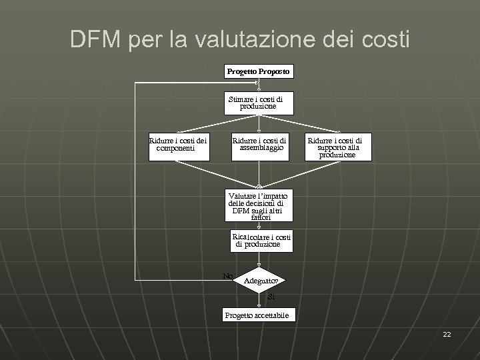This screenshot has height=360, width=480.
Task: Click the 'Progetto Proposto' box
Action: (258, 71)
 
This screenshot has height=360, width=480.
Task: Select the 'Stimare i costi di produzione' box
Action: (258, 103)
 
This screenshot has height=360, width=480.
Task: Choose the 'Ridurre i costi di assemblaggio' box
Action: (259, 145)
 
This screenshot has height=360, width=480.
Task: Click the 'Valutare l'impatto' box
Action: (258, 206)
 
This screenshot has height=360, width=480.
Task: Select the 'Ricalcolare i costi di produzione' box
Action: (260, 241)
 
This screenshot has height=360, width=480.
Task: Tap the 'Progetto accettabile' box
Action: (257, 315)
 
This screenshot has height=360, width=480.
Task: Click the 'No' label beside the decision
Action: (227, 276)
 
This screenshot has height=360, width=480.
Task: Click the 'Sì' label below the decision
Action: (271, 297)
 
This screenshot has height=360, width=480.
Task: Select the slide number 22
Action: (447, 334)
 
